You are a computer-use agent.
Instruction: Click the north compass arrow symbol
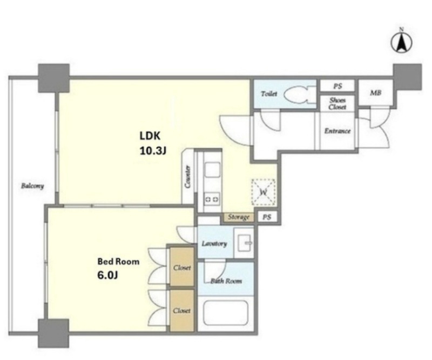(x=401, y=43)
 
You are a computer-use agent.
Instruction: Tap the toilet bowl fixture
(x=300, y=95)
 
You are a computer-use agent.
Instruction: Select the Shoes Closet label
(x=337, y=103)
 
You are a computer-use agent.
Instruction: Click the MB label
(x=375, y=92)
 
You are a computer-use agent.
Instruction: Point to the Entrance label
(x=337, y=131)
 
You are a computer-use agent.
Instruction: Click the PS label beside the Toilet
(x=337, y=86)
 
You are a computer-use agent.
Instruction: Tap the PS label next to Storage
(x=267, y=217)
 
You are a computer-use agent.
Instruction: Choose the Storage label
(x=239, y=217)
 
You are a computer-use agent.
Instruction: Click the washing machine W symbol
(x=264, y=192)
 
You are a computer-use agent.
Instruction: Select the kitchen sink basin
(x=212, y=170)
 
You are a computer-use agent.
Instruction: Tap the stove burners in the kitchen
(x=212, y=199)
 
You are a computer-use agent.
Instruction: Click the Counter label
(x=188, y=177)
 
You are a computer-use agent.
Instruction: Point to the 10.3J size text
(x=153, y=151)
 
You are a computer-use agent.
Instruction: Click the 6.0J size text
(x=107, y=275)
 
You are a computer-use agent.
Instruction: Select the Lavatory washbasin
(x=244, y=243)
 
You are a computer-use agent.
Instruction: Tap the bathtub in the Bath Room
(x=225, y=313)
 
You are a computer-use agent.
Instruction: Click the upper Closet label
(x=182, y=268)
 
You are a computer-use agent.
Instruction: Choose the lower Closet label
(x=182, y=311)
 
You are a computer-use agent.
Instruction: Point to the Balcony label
(x=32, y=186)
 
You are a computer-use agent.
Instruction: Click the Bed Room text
(x=118, y=261)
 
